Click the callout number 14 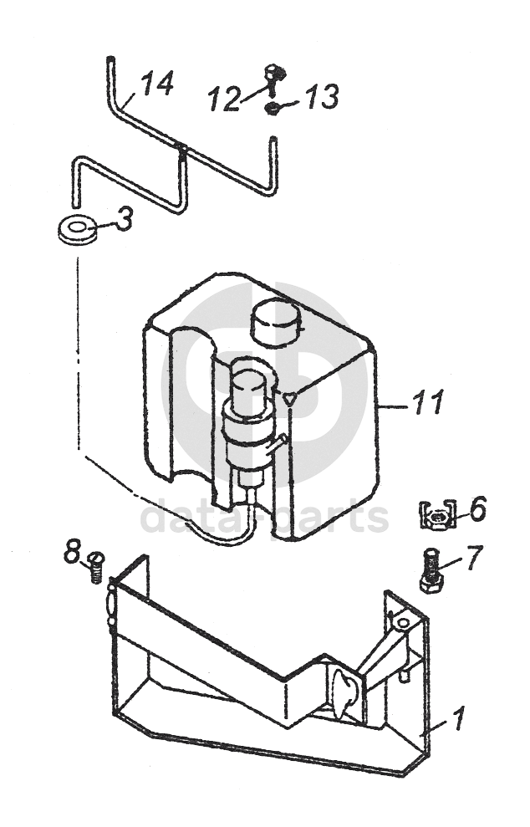coord(157,84)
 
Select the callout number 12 coord(224,99)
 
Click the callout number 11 coord(428,402)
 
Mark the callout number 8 coord(72,552)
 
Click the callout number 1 coord(458,718)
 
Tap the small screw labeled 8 coord(95,567)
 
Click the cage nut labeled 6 coord(437,515)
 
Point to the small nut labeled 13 coord(273,110)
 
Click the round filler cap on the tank coord(277,322)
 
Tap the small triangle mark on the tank coord(289,399)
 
